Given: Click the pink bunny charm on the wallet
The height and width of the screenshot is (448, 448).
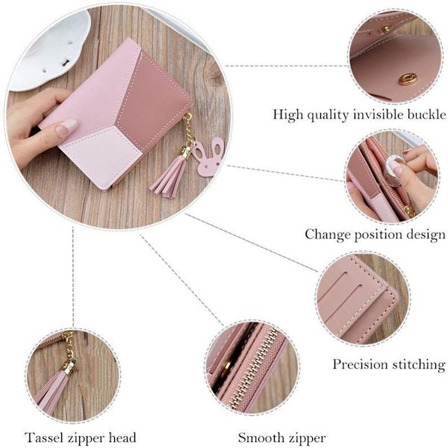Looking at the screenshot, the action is (210, 157).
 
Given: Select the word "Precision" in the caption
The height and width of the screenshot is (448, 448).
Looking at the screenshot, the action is (360, 365).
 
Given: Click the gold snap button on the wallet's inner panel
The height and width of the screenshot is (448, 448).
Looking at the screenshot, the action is (408, 78).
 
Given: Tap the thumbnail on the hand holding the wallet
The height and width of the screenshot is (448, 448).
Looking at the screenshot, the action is (66, 127).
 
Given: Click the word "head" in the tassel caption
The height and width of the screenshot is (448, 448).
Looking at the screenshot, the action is (122, 438).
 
